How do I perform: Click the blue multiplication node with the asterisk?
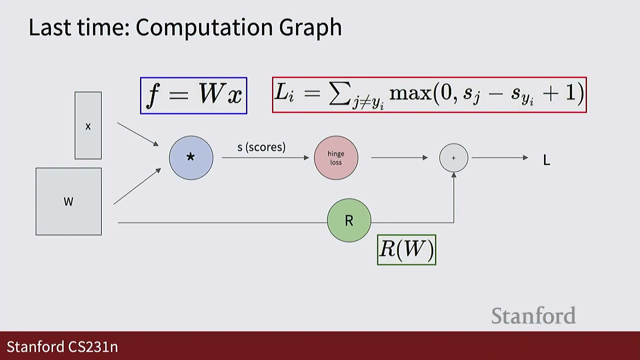coord(191,158)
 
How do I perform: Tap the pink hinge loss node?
coord(336,158)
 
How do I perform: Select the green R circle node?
coord(349,220)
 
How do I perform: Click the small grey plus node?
coord(454,158)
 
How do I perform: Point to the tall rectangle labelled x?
coord(88,125)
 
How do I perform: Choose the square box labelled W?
coord(69,201)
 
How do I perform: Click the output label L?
coord(547,160)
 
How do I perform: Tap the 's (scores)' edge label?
coord(261,147)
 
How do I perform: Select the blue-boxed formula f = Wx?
coord(194,96)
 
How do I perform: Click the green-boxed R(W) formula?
coord(407,250)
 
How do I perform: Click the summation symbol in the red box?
coord(340,93)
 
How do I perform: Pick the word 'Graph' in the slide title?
coord(310,27)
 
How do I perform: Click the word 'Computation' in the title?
coord(204,27)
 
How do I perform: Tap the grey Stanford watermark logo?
coord(533,316)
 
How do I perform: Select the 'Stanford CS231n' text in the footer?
coord(62,347)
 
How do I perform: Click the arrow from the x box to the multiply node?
coord(138,134)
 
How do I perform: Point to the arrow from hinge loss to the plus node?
coord(400,158)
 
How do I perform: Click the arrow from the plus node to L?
coord(500,158)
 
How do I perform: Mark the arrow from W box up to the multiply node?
coord(137,186)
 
